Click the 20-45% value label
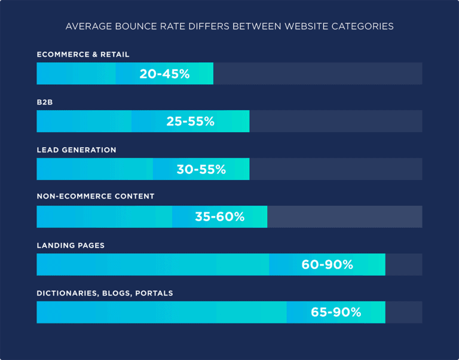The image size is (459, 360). tap(164, 74)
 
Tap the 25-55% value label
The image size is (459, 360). tap(190, 121)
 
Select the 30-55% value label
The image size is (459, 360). tap(201, 169)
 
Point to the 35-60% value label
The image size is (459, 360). tap(219, 217)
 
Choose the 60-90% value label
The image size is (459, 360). tap(327, 264)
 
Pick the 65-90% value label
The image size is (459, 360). tap(336, 312)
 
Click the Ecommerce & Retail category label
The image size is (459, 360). tap(83, 54)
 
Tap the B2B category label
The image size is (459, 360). tap(45, 102)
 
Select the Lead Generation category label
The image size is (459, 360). tap(76, 150)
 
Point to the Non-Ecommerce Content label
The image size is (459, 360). tap(96, 196)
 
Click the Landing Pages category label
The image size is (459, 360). tap(71, 246)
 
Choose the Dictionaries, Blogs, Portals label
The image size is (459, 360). tap(105, 294)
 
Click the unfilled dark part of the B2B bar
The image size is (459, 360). tap(335, 121)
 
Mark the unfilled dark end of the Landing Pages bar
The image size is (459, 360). tap(403, 264)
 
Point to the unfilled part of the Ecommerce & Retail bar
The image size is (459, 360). tap(317, 74)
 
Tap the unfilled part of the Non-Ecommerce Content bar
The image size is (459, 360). tap(344, 217)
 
